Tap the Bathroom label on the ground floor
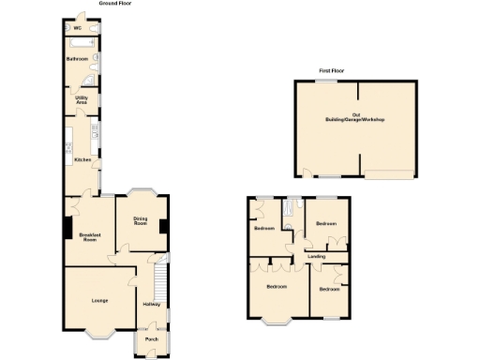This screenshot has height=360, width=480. [77, 59]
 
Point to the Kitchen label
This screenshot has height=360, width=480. [82, 159]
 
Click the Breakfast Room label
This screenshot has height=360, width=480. [89, 237]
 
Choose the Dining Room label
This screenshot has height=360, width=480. [141, 223]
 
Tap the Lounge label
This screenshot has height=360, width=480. [100, 300]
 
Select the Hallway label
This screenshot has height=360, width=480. [150, 304]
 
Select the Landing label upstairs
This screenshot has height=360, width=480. [317, 256]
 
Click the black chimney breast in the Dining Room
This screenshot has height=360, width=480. [164, 225]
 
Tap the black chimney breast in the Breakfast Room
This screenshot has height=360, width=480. [67, 228]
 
